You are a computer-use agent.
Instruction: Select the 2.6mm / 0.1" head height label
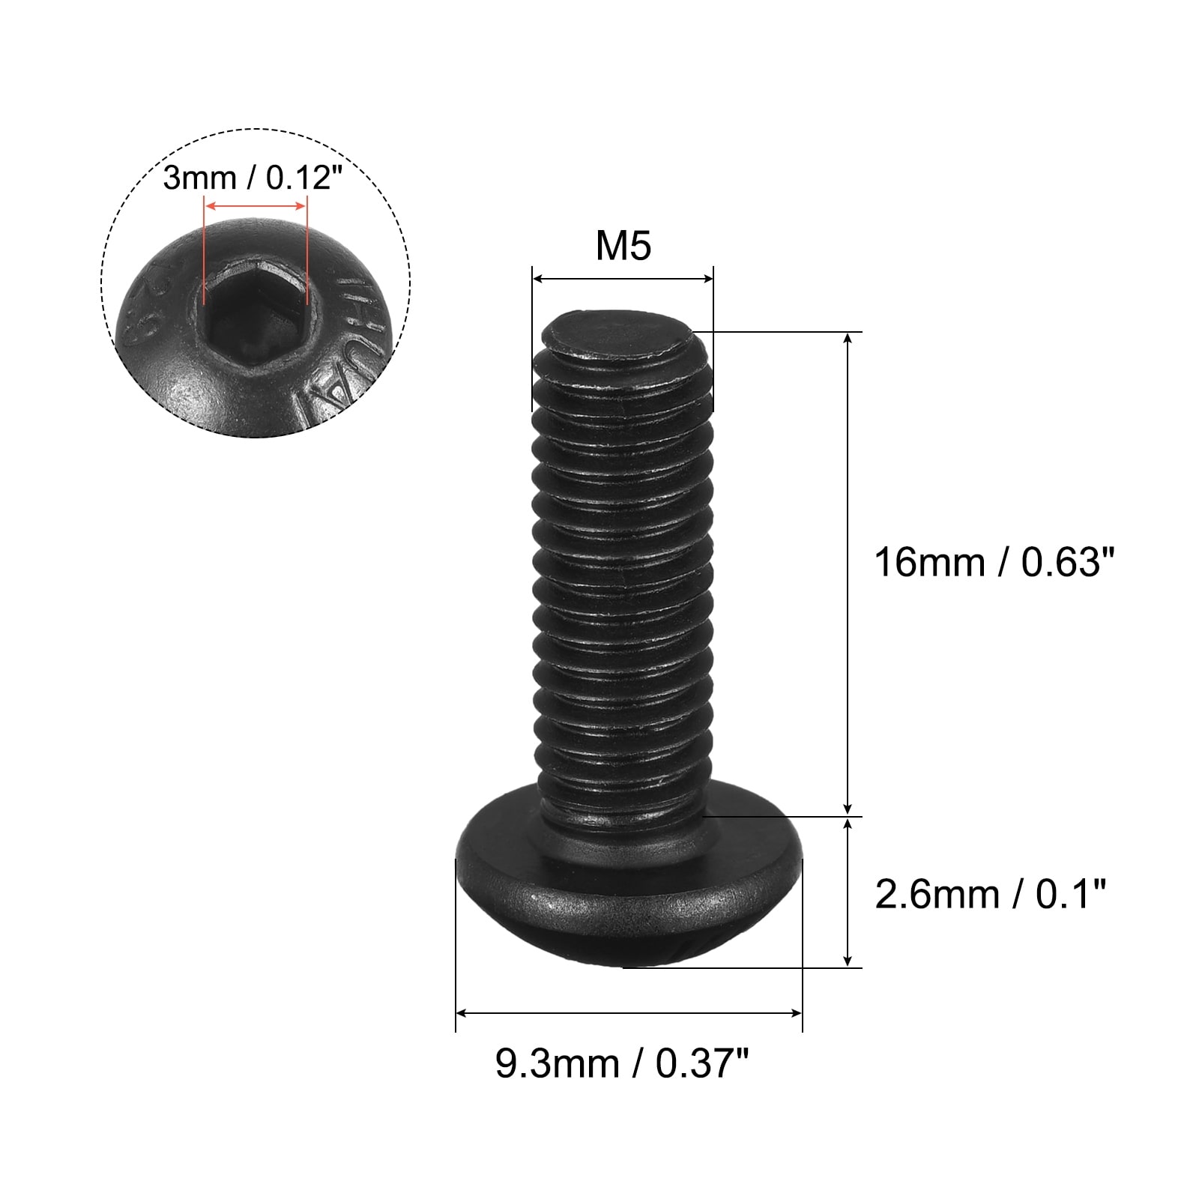coord(990,895)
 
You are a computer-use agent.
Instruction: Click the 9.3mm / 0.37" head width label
coord(621,1063)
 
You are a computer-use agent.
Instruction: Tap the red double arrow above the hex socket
coord(255,205)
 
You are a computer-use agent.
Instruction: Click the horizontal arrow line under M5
coord(622,279)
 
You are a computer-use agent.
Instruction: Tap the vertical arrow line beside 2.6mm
coord(848,892)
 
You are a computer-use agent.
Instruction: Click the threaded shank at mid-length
coord(622,570)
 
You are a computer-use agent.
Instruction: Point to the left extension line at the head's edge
coord(456,944)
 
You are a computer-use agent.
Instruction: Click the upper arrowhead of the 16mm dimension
coord(848,339)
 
